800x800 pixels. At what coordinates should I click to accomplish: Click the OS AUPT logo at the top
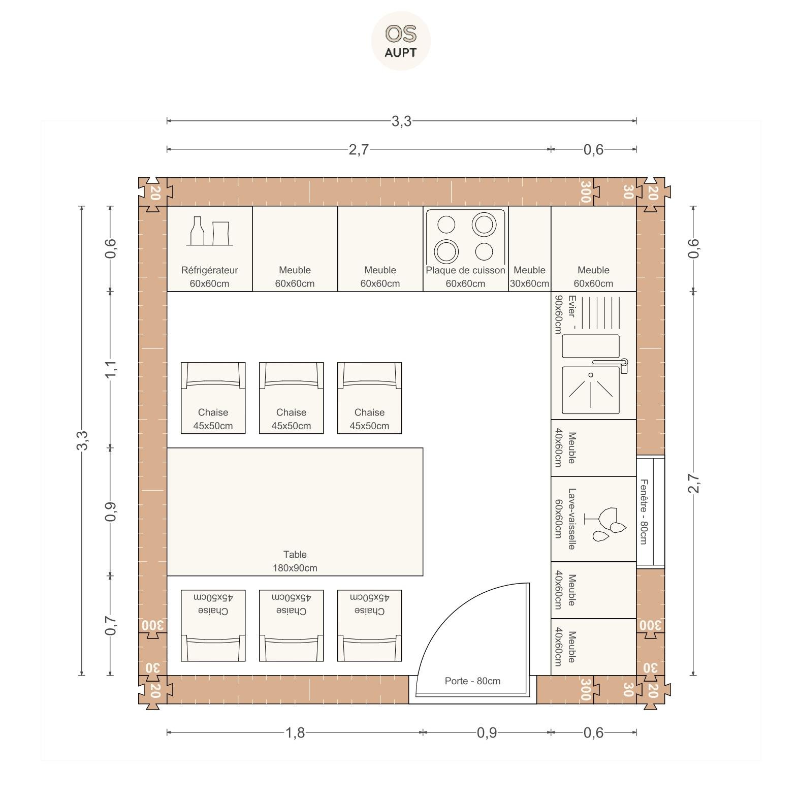pos(401,41)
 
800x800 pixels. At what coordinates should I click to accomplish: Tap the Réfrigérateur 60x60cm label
pos(209,277)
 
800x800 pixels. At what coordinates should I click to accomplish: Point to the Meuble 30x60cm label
pos(529,277)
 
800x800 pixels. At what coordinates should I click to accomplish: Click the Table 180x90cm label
pos(295,561)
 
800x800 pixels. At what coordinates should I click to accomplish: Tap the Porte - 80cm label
pos(472,681)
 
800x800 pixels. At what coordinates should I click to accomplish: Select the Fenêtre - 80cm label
pos(644,511)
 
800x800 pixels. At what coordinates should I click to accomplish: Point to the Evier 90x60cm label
pos(565,314)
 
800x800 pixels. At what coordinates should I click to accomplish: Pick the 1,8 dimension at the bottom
pos(295,732)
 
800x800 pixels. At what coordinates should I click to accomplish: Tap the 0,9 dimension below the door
pos(487,732)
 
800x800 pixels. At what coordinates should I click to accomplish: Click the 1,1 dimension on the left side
pos(111,369)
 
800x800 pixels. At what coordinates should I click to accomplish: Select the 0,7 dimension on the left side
pos(111,625)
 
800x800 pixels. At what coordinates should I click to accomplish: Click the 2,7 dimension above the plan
pos(359,149)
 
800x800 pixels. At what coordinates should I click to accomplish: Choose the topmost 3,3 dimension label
pos(401,121)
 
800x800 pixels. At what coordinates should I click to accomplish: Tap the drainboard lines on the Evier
pos(600,312)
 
